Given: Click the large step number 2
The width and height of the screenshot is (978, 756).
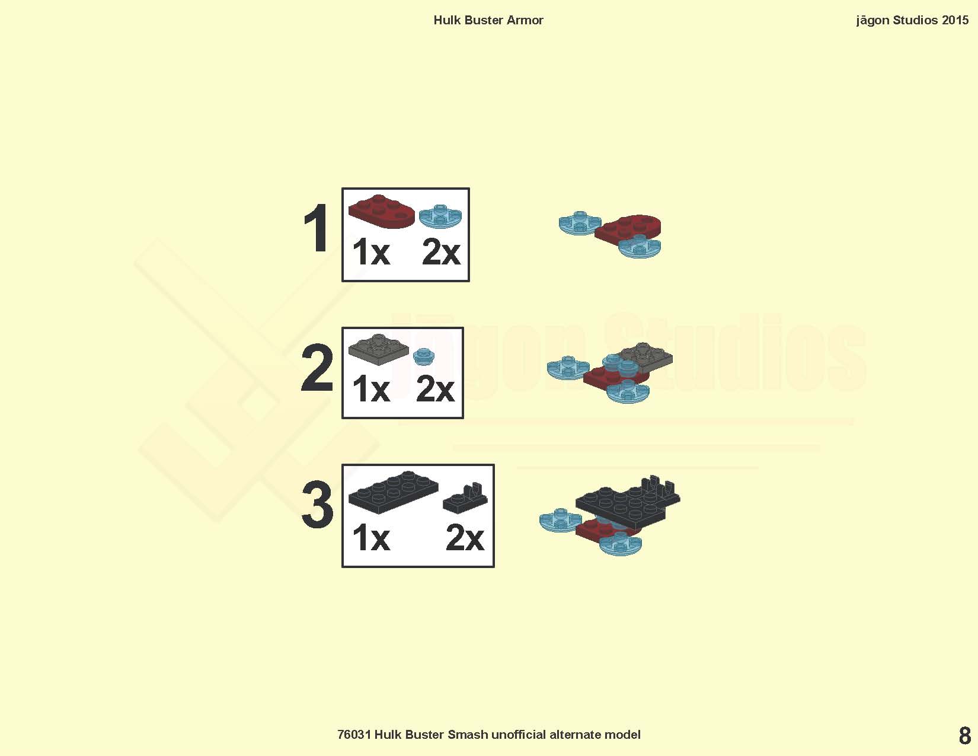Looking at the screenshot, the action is [317, 367].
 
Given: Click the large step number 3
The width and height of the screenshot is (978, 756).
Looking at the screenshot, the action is [317, 505].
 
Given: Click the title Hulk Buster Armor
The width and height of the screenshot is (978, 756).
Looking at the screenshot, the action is [488, 20].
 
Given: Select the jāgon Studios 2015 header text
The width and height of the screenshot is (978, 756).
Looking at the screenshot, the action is [912, 21].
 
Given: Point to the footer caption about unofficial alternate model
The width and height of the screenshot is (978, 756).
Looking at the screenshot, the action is [489, 735].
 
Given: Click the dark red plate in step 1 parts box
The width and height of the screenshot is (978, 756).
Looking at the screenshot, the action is [381, 212].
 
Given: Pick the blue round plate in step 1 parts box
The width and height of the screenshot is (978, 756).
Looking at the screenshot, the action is [440, 216].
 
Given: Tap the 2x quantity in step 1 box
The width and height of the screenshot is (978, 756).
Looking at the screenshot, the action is [441, 253].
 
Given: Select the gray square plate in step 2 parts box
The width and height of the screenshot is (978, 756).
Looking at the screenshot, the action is [379, 349].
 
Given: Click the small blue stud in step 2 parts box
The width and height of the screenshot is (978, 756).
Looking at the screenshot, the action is [424, 356].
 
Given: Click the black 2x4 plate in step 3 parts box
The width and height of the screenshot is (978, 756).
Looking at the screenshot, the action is [393, 492].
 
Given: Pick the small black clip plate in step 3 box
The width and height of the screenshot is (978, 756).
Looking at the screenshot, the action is [465, 497].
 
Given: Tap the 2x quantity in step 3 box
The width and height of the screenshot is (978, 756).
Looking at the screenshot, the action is [465, 538].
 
